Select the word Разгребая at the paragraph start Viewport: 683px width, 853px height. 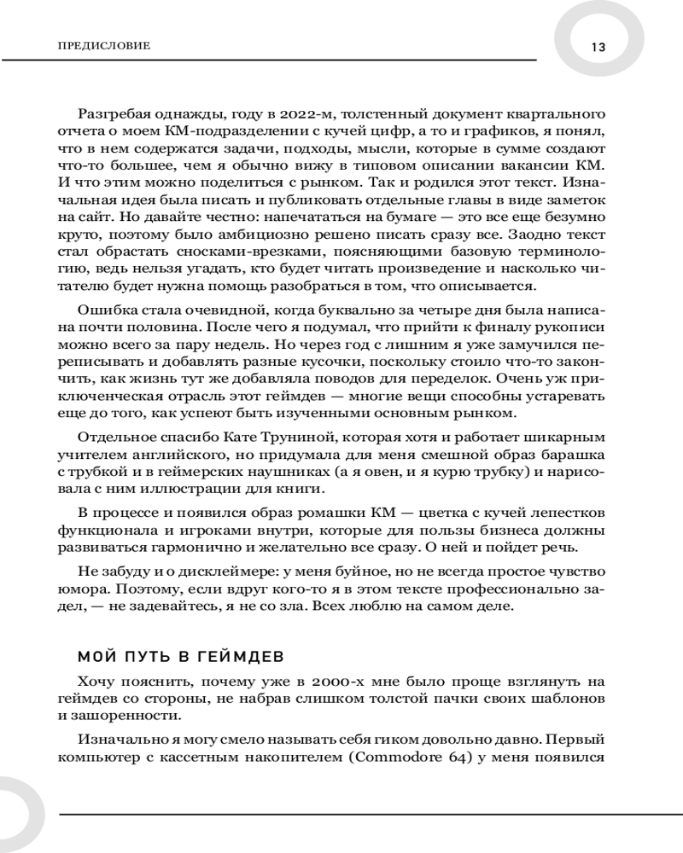click(114, 114)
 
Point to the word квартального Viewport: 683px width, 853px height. click(541, 114)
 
